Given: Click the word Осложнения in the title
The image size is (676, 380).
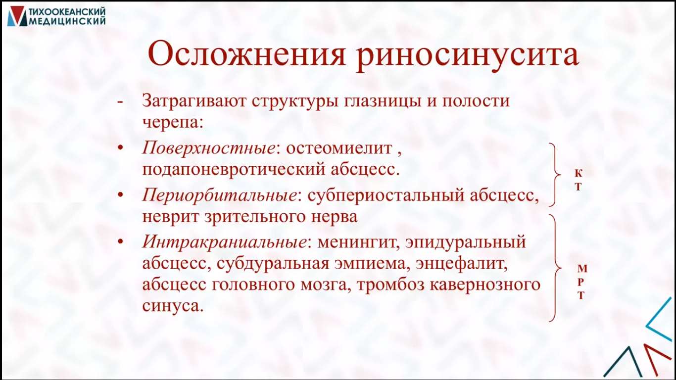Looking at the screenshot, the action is [246, 55].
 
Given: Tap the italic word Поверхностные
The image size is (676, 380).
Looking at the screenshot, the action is [208, 148].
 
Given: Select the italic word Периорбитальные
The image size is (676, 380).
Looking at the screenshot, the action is [219, 195].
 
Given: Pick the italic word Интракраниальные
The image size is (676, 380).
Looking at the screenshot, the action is [225, 242].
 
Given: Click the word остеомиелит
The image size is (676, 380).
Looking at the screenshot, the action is [338, 148].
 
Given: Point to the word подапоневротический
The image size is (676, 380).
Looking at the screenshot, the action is [234, 170].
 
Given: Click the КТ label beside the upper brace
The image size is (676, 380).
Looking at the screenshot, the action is [578, 180].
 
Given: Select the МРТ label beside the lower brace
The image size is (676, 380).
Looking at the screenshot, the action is [582, 282].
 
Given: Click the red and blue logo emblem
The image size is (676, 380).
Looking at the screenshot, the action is [17, 16].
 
